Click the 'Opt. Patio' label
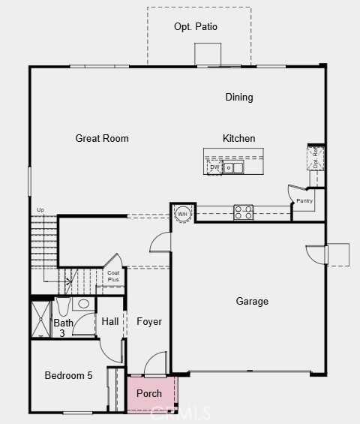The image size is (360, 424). pyautogui.click(x=196, y=27)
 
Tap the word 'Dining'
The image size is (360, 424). pyautogui.click(x=239, y=98)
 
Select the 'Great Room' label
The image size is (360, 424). pyautogui.click(x=102, y=139)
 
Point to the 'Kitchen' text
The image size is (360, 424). pyautogui.click(x=238, y=139)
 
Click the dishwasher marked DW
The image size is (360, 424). pyautogui.click(x=214, y=167)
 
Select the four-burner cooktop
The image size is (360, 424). pyautogui.click(x=243, y=212)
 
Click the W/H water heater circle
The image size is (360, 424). pyautogui.click(x=182, y=214)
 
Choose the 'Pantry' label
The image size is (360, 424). pyautogui.click(x=304, y=201)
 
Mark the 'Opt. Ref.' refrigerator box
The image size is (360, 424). pyautogui.click(x=316, y=159)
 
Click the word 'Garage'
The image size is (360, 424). pyautogui.click(x=252, y=302)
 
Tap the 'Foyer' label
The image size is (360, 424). pyautogui.click(x=149, y=322)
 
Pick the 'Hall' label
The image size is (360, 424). pyautogui.click(x=110, y=322)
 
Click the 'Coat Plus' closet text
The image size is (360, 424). pyautogui.click(x=112, y=276)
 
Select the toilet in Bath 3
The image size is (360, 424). pyautogui.click(x=63, y=305)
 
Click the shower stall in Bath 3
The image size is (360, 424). pyautogui.click(x=40, y=319)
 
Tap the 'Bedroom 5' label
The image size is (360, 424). pyautogui.click(x=68, y=376)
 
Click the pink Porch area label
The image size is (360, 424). pyautogui.click(x=149, y=393)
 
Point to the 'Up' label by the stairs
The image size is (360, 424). pyautogui.click(x=40, y=209)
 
